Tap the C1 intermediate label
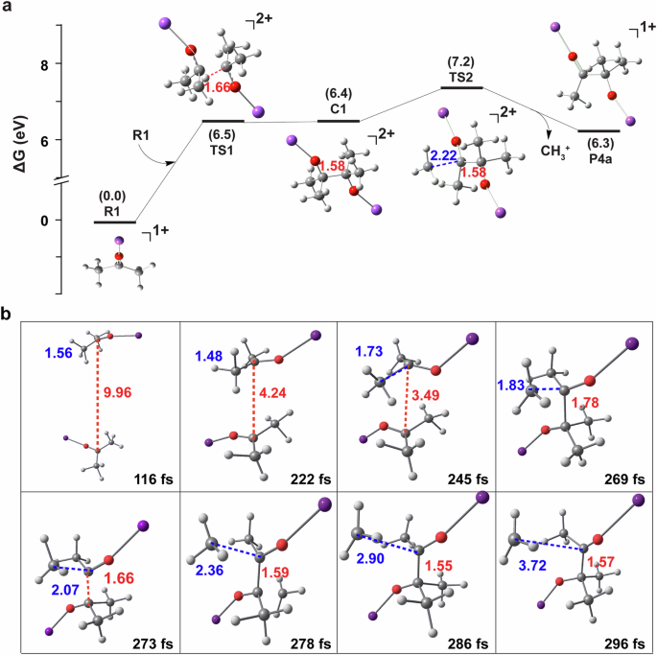click(x=337, y=108)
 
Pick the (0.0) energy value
click(x=114, y=196)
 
